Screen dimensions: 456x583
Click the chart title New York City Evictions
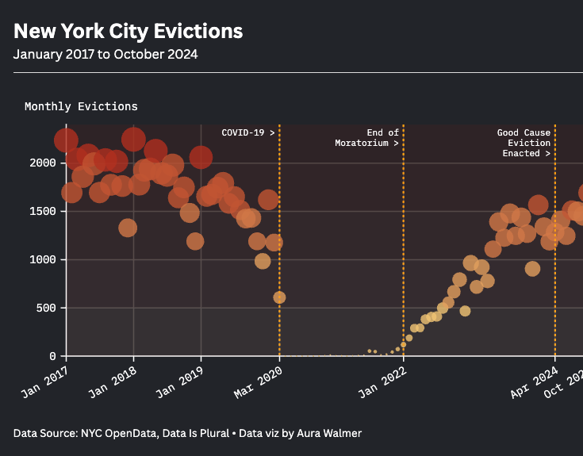128,31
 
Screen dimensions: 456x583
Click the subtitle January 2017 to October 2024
105,55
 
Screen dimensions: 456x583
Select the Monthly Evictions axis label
81,106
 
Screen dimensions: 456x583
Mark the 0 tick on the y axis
52,356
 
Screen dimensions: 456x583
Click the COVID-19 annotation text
247,132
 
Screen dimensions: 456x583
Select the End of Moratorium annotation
366,138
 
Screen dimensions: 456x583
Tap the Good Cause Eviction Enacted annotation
524,143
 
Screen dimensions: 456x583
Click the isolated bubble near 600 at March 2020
279,297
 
